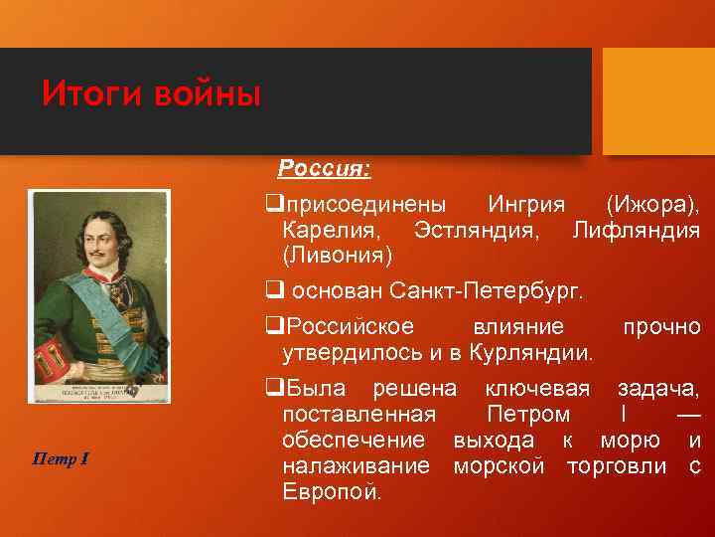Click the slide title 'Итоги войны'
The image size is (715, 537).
click(151, 95)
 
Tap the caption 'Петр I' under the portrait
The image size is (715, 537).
click(62, 458)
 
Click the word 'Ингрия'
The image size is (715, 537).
click(526, 205)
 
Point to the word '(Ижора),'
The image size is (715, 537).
click(652, 205)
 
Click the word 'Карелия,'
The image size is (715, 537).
click(330, 231)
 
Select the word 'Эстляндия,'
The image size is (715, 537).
click(477, 231)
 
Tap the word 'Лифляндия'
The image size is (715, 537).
click(636, 231)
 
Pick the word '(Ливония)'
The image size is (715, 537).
click(338, 256)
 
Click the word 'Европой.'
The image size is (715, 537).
click(332, 492)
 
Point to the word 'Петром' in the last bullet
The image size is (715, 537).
click(528, 415)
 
